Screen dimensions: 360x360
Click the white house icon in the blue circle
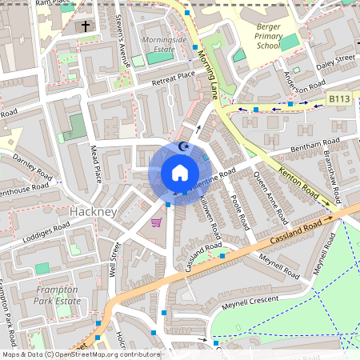tap(179, 174)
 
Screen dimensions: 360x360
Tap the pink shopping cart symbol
tap(157, 222)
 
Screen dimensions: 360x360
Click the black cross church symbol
tap(86, 26)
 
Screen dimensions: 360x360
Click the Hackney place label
tap(94, 211)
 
